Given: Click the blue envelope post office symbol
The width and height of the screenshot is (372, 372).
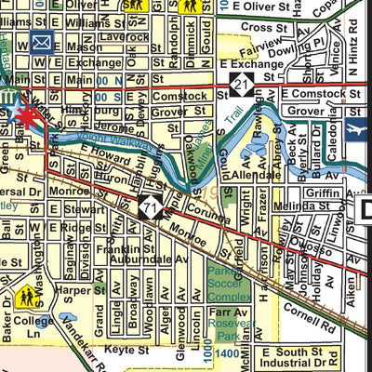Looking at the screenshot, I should [x=41, y=42].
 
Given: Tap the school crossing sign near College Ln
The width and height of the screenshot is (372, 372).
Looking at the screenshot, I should [x=26, y=298].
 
